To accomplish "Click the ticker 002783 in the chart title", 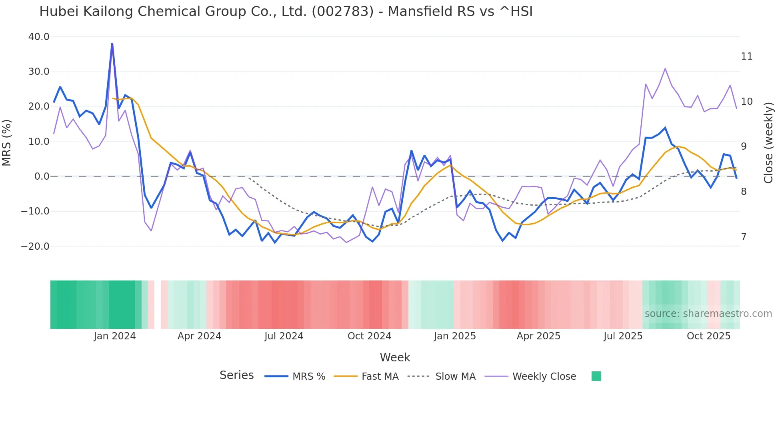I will click(x=342, y=12).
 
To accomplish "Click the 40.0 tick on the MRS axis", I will click(x=39, y=37).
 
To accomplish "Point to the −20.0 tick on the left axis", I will click(x=35, y=247).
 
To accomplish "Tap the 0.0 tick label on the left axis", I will click(x=42, y=176).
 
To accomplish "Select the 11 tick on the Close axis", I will click(x=746, y=56).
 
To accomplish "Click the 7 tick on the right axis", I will click(x=744, y=237).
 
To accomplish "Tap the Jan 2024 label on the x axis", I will click(x=115, y=336).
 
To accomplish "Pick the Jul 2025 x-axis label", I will click(x=623, y=336).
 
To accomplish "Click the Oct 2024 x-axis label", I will click(x=369, y=336).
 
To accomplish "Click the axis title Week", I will click(x=395, y=357).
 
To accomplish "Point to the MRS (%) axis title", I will click(x=7, y=143).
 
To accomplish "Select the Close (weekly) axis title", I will click(x=768, y=143).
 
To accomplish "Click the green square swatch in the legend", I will click(x=596, y=376).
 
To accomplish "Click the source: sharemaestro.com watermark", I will click(x=708, y=314).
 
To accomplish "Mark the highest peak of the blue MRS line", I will click(x=112, y=44).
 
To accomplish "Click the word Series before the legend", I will click(x=236, y=375).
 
